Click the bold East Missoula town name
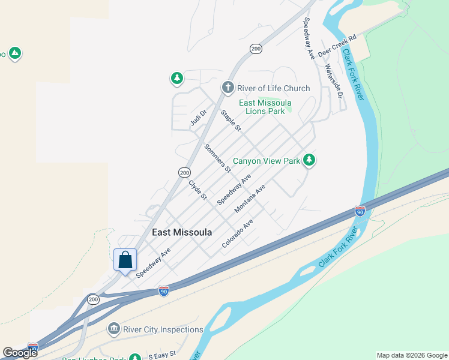(182, 232)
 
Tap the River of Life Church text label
(273, 88)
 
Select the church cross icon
(228, 88)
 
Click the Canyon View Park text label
(266, 161)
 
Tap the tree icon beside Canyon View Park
(309, 160)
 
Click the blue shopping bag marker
(125, 260)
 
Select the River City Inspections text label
(163, 329)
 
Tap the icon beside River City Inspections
(113, 329)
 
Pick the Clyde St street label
(197, 190)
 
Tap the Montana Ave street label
(250, 199)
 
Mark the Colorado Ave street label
(237, 234)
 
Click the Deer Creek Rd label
(337, 46)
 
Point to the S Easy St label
(162, 355)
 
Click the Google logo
(20, 353)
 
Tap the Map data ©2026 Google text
(412, 355)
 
